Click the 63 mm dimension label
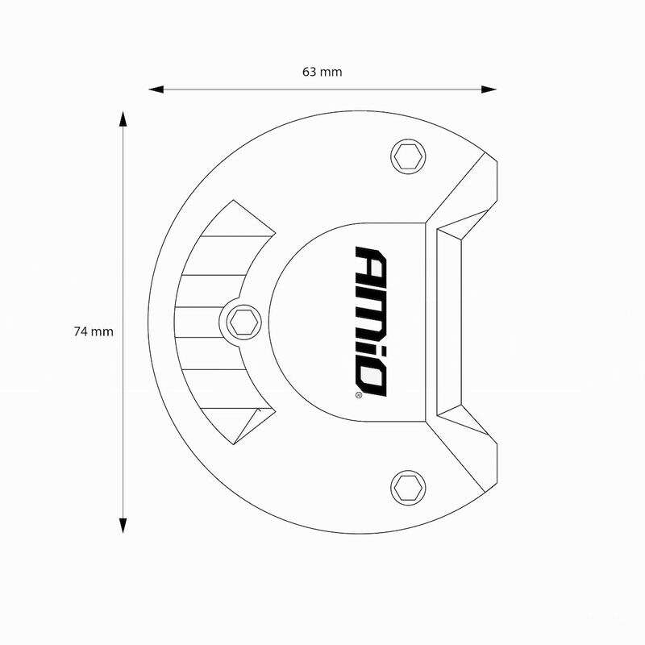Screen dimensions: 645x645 [x=322, y=72]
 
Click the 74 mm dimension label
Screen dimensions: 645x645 [x=94, y=331]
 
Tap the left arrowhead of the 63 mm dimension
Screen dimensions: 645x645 [x=156, y=89]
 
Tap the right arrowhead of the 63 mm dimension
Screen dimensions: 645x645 [x=489, y=89]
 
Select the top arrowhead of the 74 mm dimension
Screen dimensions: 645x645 [x=123, y=119]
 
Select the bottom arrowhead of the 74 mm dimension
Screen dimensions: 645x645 [x=123, y=526]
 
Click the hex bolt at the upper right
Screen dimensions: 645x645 [x=408, y=156]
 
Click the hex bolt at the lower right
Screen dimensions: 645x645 [x=408, y=488]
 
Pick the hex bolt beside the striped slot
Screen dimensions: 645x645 [x=244, y=322]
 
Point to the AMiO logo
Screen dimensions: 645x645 [x=371, y=321]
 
